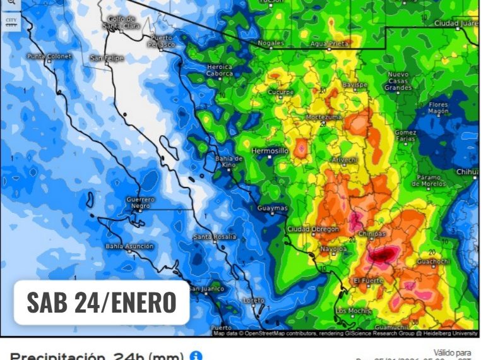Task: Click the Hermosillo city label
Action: (270, 152)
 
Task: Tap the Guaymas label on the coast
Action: (273, 208)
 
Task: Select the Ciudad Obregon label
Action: (313, 229)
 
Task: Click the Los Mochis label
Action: (352, 311)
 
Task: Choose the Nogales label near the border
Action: (271, 43)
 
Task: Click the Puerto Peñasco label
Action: (161, 41)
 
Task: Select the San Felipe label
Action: (107, 58)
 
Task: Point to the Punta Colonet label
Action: (49, 56)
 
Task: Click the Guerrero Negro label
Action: (140, 203)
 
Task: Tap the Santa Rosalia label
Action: (215, 236)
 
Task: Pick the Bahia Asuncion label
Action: (129, 246)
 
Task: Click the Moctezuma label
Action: (324, 117)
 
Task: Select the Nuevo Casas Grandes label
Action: (398, 81)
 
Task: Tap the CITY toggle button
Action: (11, 22)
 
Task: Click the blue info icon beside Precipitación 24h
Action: (195, 356)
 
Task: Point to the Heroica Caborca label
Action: (219, 69)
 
